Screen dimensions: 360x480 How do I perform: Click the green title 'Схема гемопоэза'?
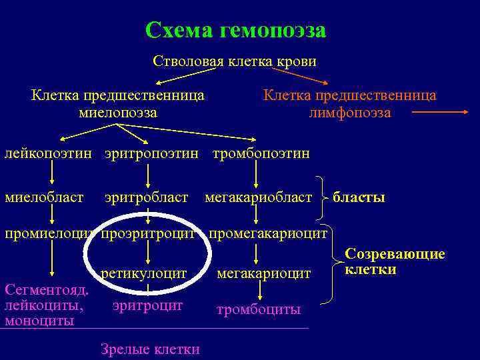(235, 30)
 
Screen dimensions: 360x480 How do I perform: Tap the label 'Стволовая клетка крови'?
(235, 61)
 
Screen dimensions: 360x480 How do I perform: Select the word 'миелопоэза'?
(118, 113)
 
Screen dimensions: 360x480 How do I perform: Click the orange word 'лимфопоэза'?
(350, 113)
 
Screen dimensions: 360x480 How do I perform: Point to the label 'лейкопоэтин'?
(49, 154)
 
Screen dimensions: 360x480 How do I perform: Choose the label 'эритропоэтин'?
(151, 154)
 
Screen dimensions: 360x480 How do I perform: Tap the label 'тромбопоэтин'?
(261, 154)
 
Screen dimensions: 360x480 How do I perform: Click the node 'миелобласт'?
(44, 197)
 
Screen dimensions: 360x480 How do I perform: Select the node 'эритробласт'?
(147, 197)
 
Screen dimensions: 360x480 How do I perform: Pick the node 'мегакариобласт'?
(258, 197)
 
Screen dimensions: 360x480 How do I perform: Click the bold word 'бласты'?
(359, 197)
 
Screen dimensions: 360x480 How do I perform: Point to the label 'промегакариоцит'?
(268, 234)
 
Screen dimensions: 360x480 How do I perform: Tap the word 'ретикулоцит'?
(143, 273)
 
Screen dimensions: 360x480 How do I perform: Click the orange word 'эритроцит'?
(147, 305)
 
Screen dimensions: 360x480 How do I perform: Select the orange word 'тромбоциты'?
(259, 310)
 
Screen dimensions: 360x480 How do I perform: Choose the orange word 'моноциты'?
(39, 321)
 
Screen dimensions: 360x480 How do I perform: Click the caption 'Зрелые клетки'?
(150, 348)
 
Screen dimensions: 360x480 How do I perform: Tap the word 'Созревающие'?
(395, 255)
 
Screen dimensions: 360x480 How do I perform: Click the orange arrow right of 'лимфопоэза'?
(441, 113)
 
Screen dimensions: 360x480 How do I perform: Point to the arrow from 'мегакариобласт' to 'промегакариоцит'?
(256, 215)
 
